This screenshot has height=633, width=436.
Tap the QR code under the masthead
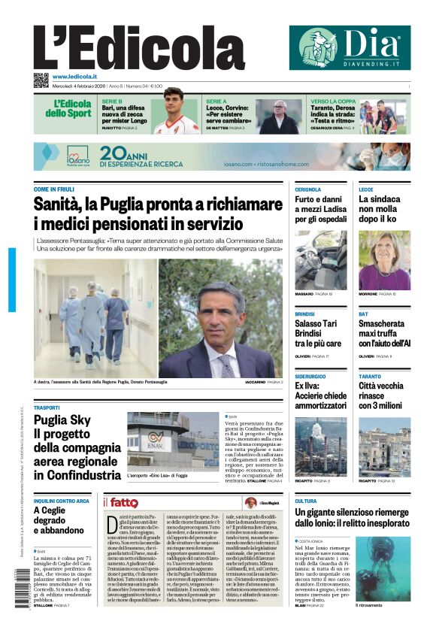[41, 80]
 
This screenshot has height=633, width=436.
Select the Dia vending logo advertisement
[350, 47]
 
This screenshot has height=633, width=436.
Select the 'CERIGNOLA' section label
[308, 189]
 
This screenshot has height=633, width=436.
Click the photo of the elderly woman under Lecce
[384, 259]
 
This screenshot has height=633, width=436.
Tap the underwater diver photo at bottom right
[383, 568]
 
